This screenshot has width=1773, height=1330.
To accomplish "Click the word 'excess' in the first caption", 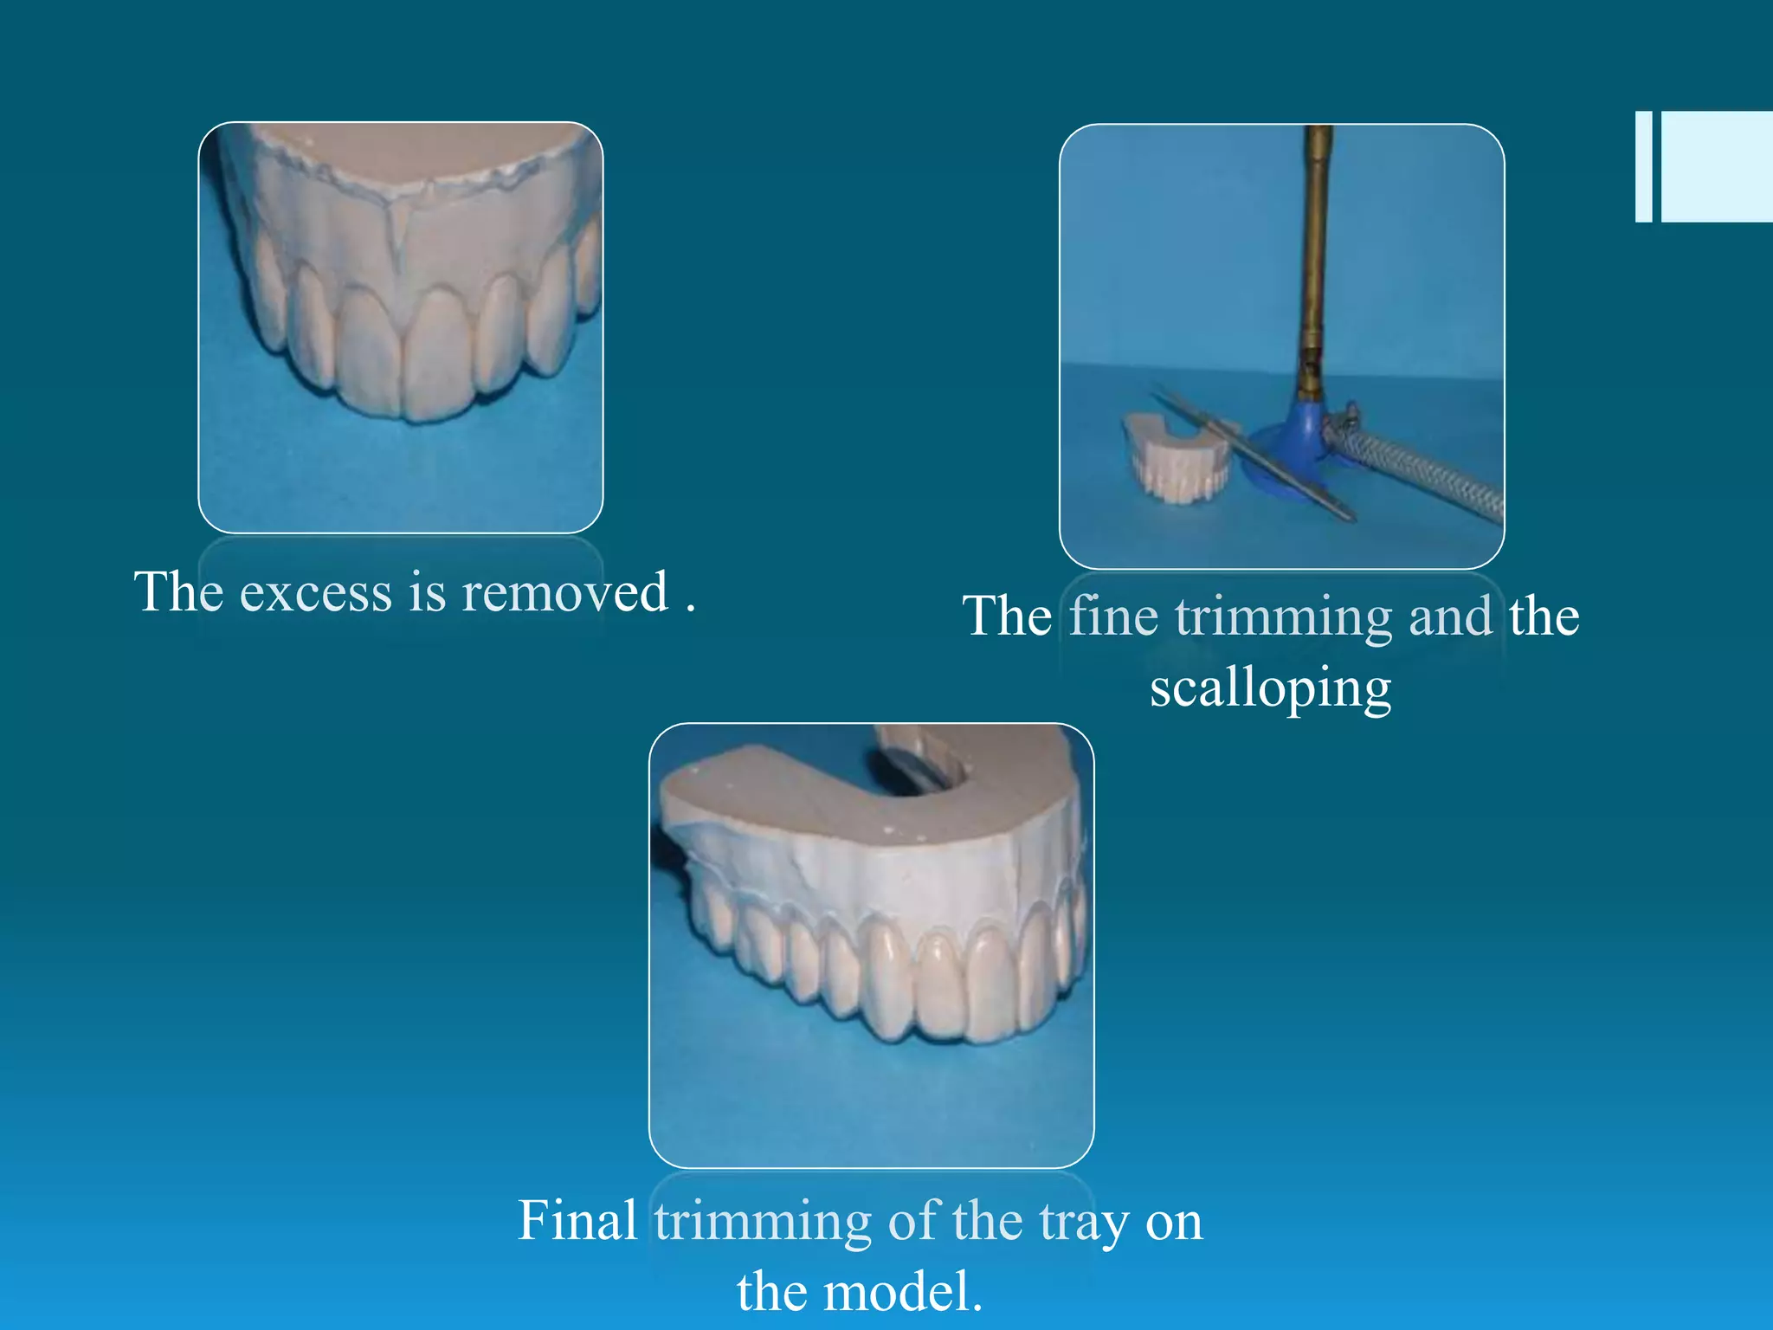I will (315, 593).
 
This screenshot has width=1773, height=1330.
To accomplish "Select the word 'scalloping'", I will (1270, 689).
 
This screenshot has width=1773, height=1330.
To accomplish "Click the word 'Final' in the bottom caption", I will (577, 1221).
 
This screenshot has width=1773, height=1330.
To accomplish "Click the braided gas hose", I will (1428, 472).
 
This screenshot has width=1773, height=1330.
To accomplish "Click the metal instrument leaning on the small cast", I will (1255, 455).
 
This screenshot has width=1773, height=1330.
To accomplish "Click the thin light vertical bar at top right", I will (1643, 166).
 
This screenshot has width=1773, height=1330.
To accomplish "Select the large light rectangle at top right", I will (1717, 166).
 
